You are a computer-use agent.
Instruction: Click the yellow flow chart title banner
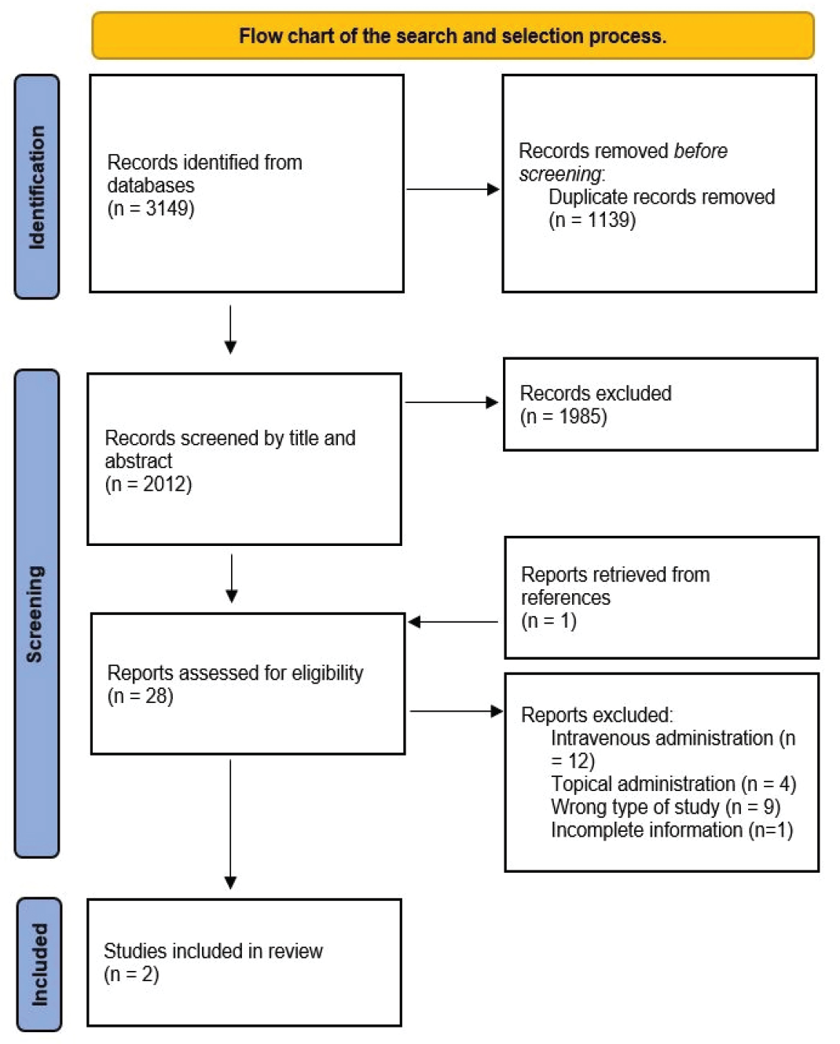[453, 35]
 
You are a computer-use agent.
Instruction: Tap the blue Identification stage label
[37, 187]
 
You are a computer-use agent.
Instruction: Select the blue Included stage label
[39, 965]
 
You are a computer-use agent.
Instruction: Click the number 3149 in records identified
[167, 209]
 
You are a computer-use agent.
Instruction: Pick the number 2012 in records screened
[164, 484]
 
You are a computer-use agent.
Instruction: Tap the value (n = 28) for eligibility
[140, 696]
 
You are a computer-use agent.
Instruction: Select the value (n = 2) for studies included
[131, 974]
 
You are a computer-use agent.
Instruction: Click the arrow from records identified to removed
[453, 189]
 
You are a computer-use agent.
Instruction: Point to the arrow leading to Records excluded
[451, 402]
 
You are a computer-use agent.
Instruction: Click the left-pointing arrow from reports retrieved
[453, 621]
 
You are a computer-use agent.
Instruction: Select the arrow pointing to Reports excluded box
[457, 711]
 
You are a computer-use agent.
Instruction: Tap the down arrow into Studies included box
[230, 824]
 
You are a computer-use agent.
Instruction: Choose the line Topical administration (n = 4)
[673, 784]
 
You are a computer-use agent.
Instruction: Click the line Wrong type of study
[666, 807]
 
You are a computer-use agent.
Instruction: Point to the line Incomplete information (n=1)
[672, 830]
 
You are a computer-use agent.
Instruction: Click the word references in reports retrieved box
[565, 598]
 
